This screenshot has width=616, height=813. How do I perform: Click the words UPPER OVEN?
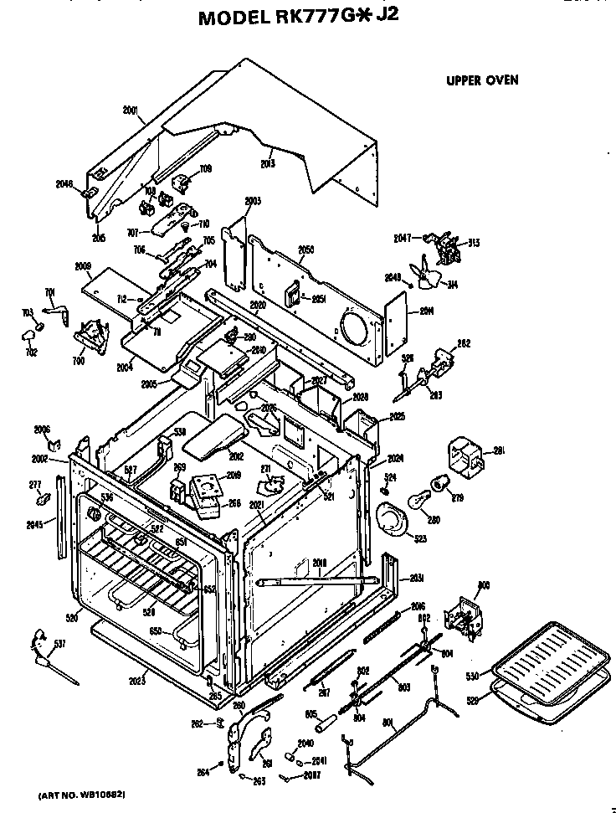pos(481,80)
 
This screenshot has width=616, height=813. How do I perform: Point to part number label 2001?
pos(131,110)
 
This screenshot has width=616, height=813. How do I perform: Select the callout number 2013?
pos(268,163)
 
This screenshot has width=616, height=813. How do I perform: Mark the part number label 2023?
pos(137,682)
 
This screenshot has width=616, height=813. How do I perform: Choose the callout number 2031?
pos(416,579)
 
